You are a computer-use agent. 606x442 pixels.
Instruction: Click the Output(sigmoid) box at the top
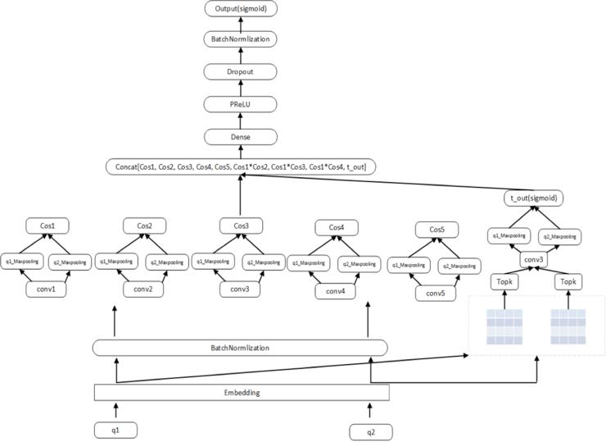240,9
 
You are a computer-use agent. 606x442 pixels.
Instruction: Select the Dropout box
240,71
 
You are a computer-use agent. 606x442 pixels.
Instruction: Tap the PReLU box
240,103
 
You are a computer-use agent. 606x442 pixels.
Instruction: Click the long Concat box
240,167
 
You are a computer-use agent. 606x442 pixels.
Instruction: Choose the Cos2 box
145,225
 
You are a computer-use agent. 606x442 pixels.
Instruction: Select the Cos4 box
337,227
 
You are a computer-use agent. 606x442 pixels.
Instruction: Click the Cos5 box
436,230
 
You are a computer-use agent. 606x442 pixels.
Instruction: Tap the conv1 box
47,289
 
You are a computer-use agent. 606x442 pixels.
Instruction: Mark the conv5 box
436,292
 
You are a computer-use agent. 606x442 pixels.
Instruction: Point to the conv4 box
337,290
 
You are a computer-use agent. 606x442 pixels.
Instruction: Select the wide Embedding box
242,393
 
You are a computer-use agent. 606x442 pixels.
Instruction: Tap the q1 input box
115,429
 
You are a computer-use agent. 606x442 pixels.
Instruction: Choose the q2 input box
370,431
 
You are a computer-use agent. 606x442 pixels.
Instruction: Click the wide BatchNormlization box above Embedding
240,348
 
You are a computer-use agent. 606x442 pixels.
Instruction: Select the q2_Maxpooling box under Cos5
459,266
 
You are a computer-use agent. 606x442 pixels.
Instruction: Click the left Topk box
504,282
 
